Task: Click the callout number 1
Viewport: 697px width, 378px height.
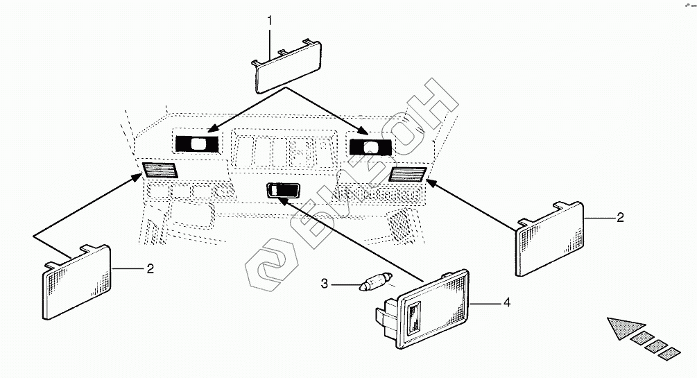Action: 270,21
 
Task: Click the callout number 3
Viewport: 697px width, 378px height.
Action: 323,283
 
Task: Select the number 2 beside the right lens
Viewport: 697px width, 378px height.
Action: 620,217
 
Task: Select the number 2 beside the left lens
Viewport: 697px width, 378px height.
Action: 150,268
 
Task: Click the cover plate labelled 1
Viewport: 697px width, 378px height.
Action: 286,67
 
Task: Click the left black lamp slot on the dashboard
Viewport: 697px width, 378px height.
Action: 197,144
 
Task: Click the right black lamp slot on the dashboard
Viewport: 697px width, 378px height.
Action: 370,146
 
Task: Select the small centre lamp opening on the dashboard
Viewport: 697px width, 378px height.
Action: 282,190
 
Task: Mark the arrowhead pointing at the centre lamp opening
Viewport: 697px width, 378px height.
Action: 284,200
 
